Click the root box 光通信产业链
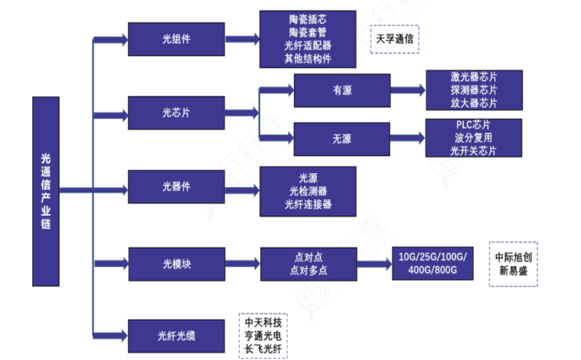click(x=46, y=191)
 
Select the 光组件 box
click(x=176, y=39)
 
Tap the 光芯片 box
click(x=176, y=113)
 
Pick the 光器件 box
click(x=176, y=187)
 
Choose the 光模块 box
click(x=176, y=264)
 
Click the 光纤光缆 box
click(x=176, y=336)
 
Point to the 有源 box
click(x=342, y=90)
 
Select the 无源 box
click(x=342, y=139)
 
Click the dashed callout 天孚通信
click(x=395, y=39)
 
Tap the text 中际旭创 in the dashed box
click(x=513, y=257)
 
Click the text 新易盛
click(x=513, y=271)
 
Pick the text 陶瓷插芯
click(x=307, y=20)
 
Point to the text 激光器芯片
click(x=474, y=77)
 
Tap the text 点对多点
click(x=308, y=271)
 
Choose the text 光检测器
click(x=308, y=191)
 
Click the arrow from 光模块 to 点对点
click(x=241, y=264)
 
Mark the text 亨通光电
click(x=263, y=336)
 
